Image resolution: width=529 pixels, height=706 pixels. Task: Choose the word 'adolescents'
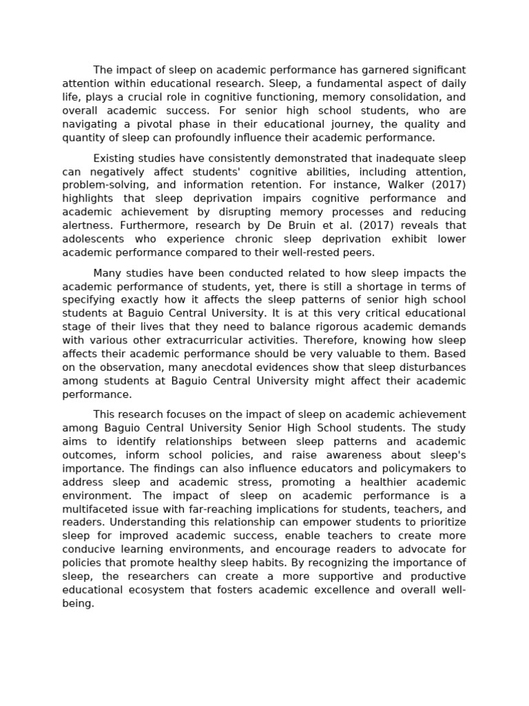tap(92, 239)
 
